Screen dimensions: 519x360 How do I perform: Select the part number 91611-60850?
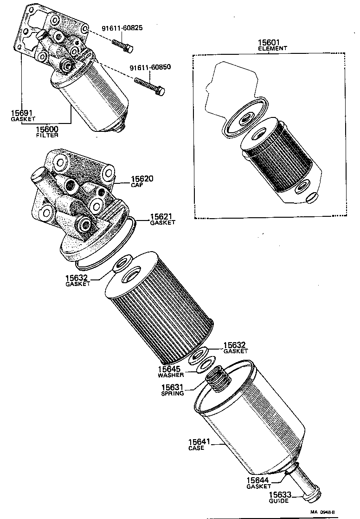coord(150,67)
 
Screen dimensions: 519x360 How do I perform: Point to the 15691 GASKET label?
coord(22,115)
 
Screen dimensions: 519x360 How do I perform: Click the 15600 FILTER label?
coord(47,132)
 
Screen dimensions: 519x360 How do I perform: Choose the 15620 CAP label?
coord(142,181)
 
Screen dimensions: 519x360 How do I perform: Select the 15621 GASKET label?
coord(162,219)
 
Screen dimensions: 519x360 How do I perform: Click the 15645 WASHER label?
coord(171,371)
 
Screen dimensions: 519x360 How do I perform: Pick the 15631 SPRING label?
coord(173,390)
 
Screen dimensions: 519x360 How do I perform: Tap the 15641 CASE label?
coord(199,444)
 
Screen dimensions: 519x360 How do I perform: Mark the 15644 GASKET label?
coord(258,483)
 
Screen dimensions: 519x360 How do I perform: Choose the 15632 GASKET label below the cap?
coord(77,280)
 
